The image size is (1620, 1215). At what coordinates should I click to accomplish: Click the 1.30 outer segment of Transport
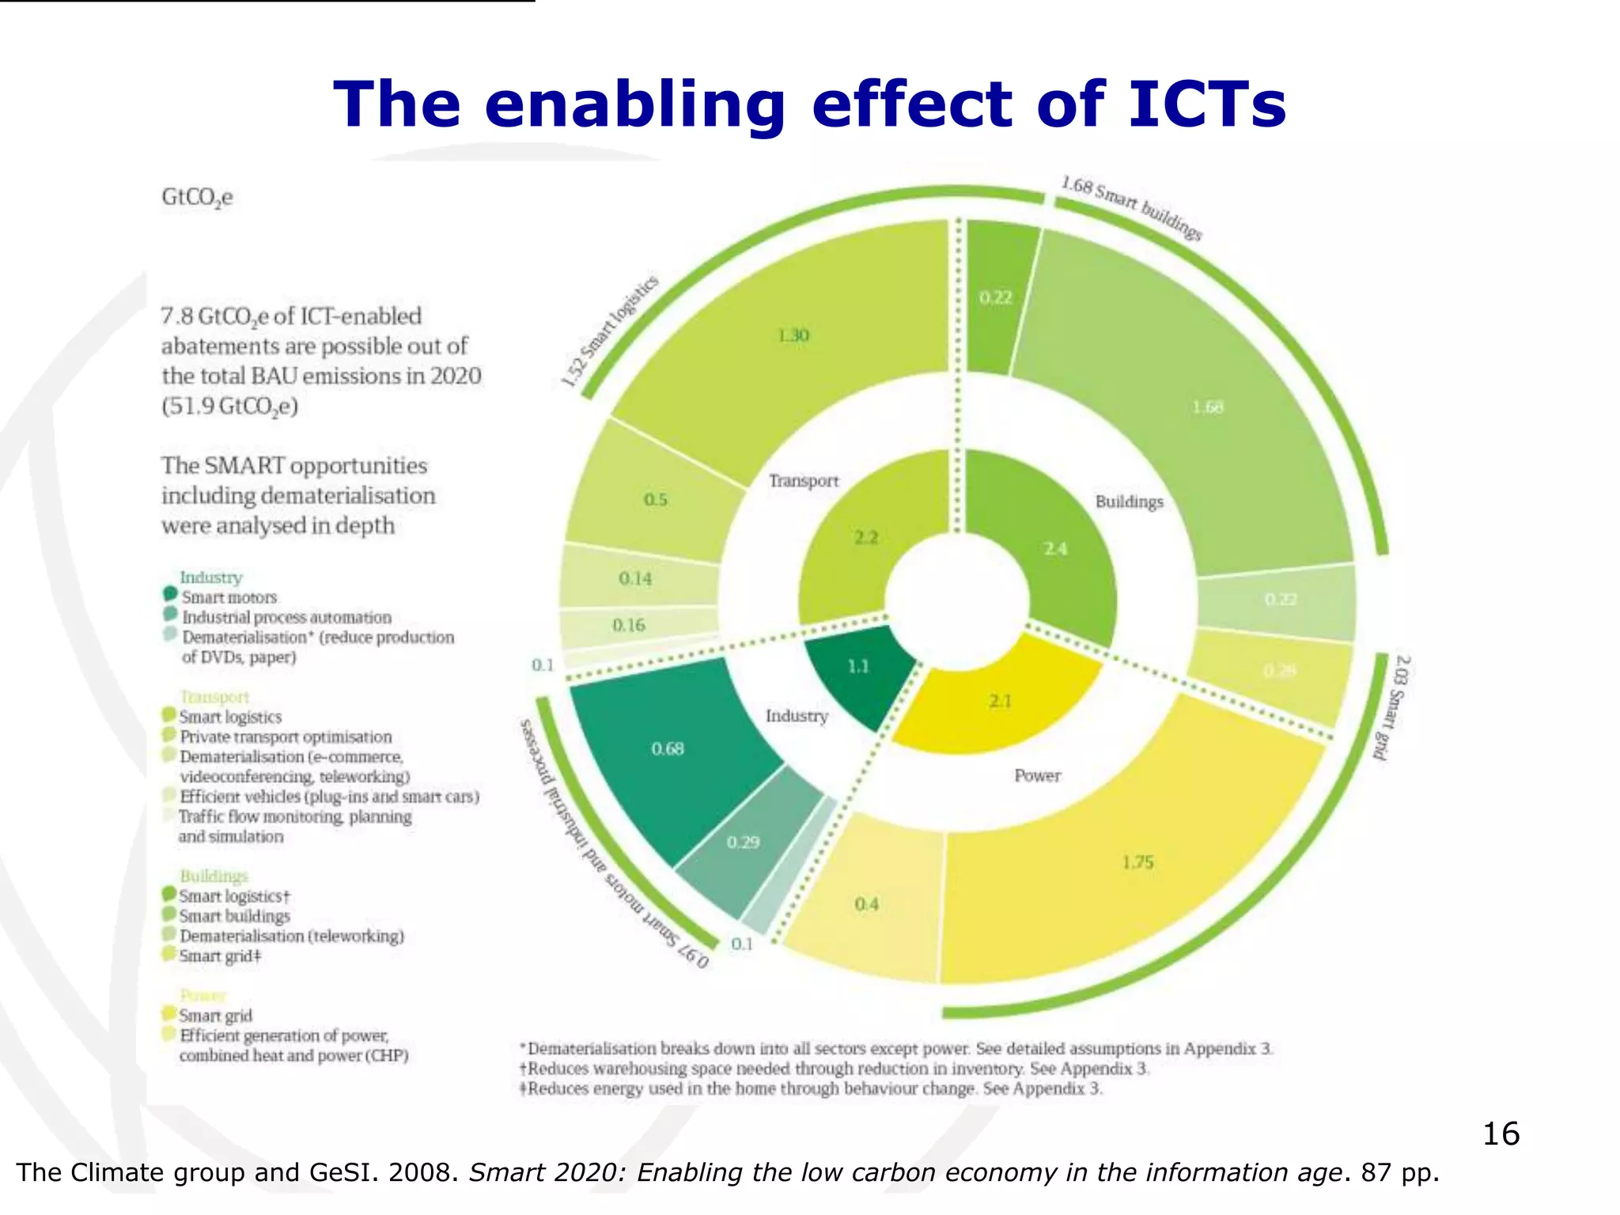point(793,336)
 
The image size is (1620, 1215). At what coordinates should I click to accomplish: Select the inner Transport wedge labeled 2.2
point(867,538)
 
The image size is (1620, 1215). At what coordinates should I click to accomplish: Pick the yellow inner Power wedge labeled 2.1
point(1000,701)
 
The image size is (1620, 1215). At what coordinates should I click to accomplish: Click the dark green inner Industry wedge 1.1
point(859,667)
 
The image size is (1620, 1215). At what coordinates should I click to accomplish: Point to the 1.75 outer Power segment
point(1137,862)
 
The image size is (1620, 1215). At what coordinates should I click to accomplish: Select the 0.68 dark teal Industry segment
point(668,748)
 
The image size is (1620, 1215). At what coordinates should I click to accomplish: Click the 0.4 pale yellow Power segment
point(867,903)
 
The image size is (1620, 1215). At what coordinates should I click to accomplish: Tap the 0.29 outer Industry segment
point(744,842)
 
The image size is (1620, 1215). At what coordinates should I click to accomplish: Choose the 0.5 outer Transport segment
point(656,500)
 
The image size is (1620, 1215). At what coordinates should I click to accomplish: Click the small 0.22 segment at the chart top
point(996,297)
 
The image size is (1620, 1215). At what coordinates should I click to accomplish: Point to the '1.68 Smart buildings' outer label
point(1131,208)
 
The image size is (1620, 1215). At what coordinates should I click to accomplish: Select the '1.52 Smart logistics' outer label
point(610,332)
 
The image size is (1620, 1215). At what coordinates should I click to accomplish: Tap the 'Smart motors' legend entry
point(229,597)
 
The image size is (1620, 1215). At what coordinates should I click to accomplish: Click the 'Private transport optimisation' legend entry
point(286,736)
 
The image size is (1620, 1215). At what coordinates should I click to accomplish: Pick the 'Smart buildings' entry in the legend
point(234,916)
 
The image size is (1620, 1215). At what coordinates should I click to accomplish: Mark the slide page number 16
point(1501,1134)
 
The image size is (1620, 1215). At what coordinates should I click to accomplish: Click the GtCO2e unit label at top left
point(197,197)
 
